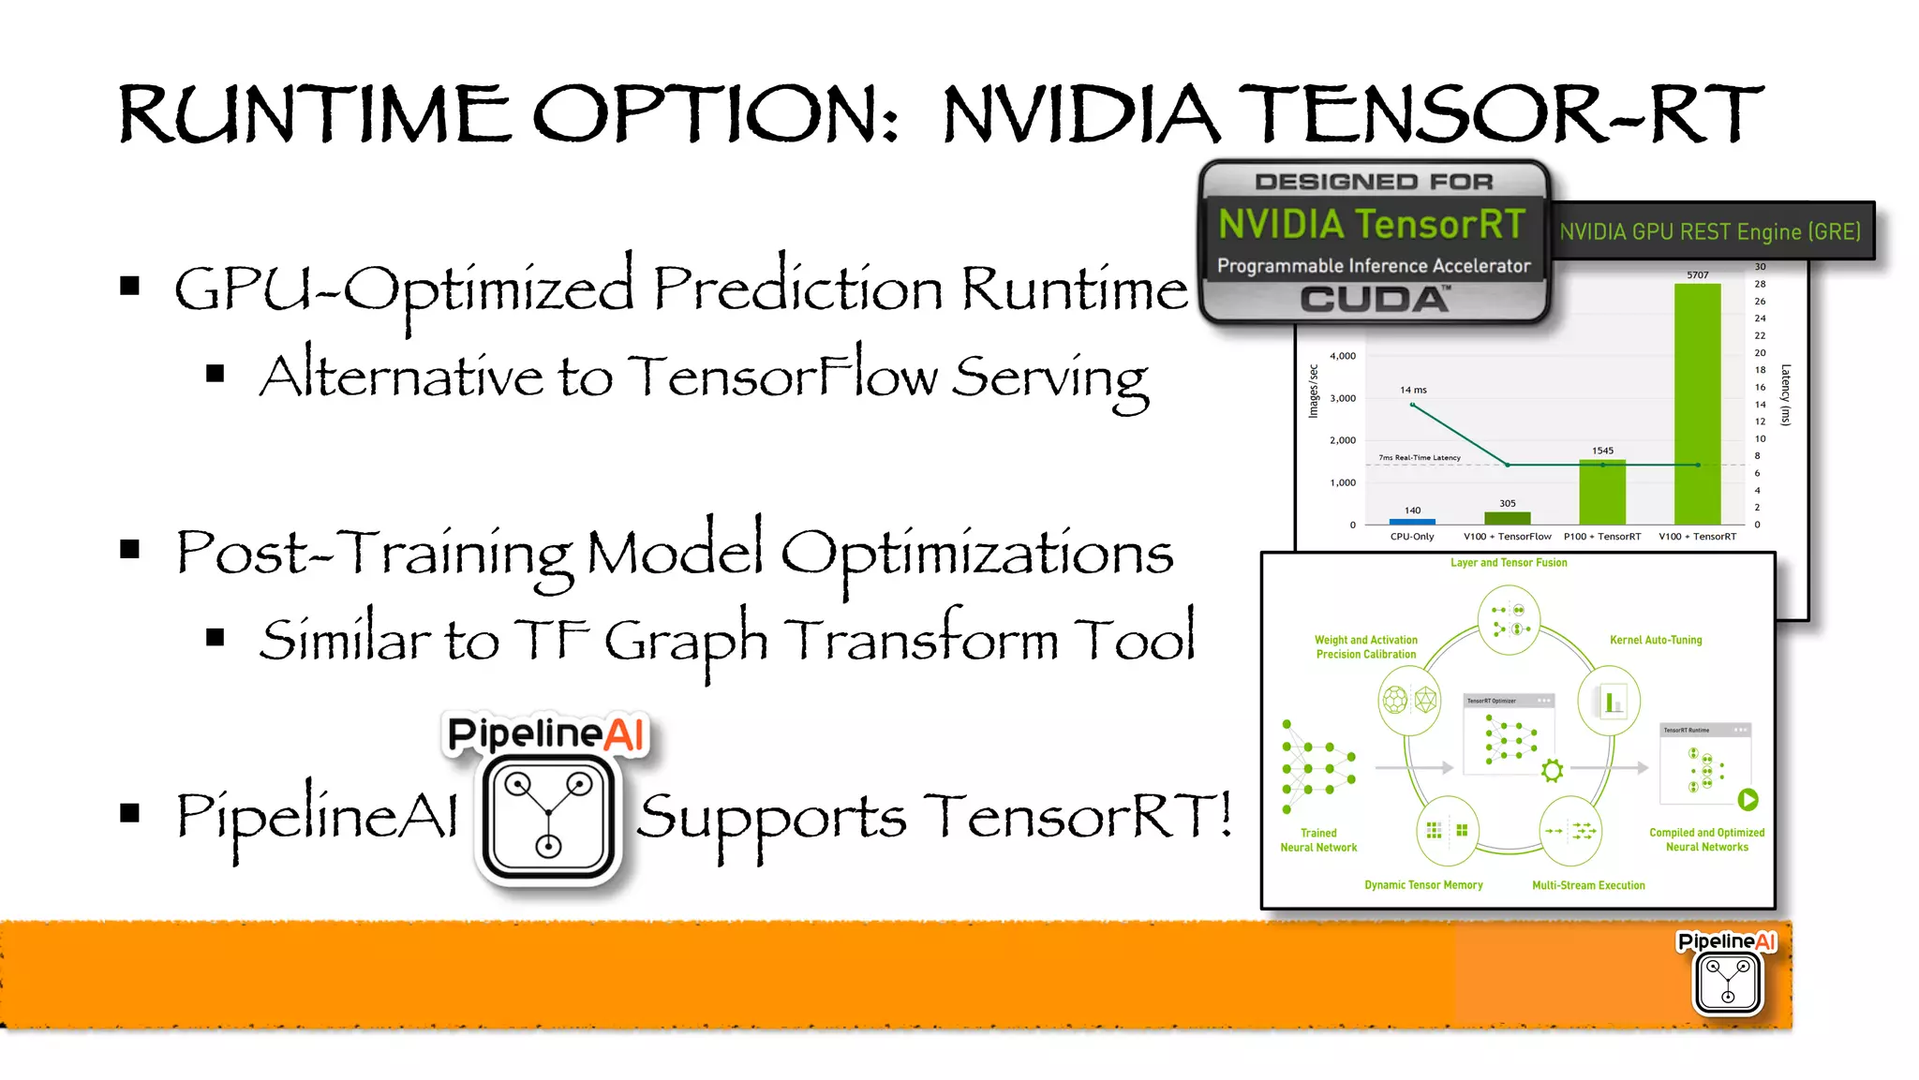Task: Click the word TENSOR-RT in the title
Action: click(1499, 114)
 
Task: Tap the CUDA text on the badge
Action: click(1374, 300)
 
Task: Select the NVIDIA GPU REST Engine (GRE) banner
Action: click(1710, 231)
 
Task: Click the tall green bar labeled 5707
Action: click(1697, 403)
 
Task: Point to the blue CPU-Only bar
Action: click(1412, 521)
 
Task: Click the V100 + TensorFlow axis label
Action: click(1507, 537)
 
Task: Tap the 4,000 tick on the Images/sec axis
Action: click(1342, 356)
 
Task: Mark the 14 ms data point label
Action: click(1413, 390)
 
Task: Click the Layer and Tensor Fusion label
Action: click(1509, 563)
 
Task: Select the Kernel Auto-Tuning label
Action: click(1656, 640)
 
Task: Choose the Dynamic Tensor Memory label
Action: click(1423, 885)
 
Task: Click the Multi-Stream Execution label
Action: click(1588, 885)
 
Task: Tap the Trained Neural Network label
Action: click(1318, 840)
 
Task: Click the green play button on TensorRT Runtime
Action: click(1748, 800)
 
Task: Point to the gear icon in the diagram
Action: click(1553, 771)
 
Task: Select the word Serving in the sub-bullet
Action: click(1049, 377)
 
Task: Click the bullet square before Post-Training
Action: click(130, 550)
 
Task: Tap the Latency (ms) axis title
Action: click(1786, 394)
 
